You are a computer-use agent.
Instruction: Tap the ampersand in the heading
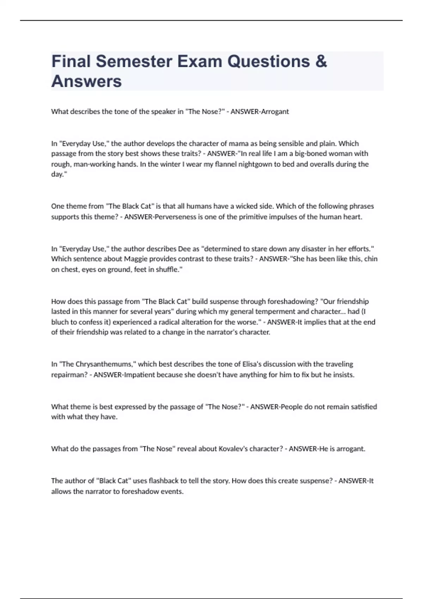(321, 61)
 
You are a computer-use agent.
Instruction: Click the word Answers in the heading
(86, 81)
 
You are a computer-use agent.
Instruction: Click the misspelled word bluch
(60, 322)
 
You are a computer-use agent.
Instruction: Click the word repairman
(69, 375)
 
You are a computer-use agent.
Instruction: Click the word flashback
(163, 481)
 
